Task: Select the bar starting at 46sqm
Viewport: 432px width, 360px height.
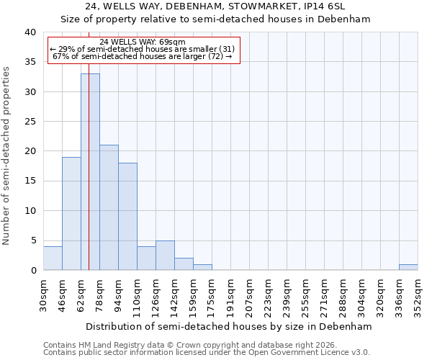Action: pos(71,213)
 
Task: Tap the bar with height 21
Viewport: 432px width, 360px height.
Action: pos(109,207)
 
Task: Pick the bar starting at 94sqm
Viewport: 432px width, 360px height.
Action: pos(127,216)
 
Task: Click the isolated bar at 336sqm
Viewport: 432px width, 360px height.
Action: pos(408,267)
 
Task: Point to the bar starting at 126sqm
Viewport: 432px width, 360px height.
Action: pos(165,255)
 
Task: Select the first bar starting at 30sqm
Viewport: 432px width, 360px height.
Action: pos(53,258)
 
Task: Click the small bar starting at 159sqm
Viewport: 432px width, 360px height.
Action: pos(202,267)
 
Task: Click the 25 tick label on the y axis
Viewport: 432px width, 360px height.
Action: pos(30,122)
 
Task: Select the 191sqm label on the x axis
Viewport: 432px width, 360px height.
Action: pos(230,295)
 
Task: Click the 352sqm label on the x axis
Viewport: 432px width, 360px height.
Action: pos(418,295)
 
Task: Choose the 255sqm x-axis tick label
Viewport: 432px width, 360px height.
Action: pos(305,295)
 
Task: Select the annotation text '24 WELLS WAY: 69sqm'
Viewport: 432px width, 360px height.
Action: pos(143,42)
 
